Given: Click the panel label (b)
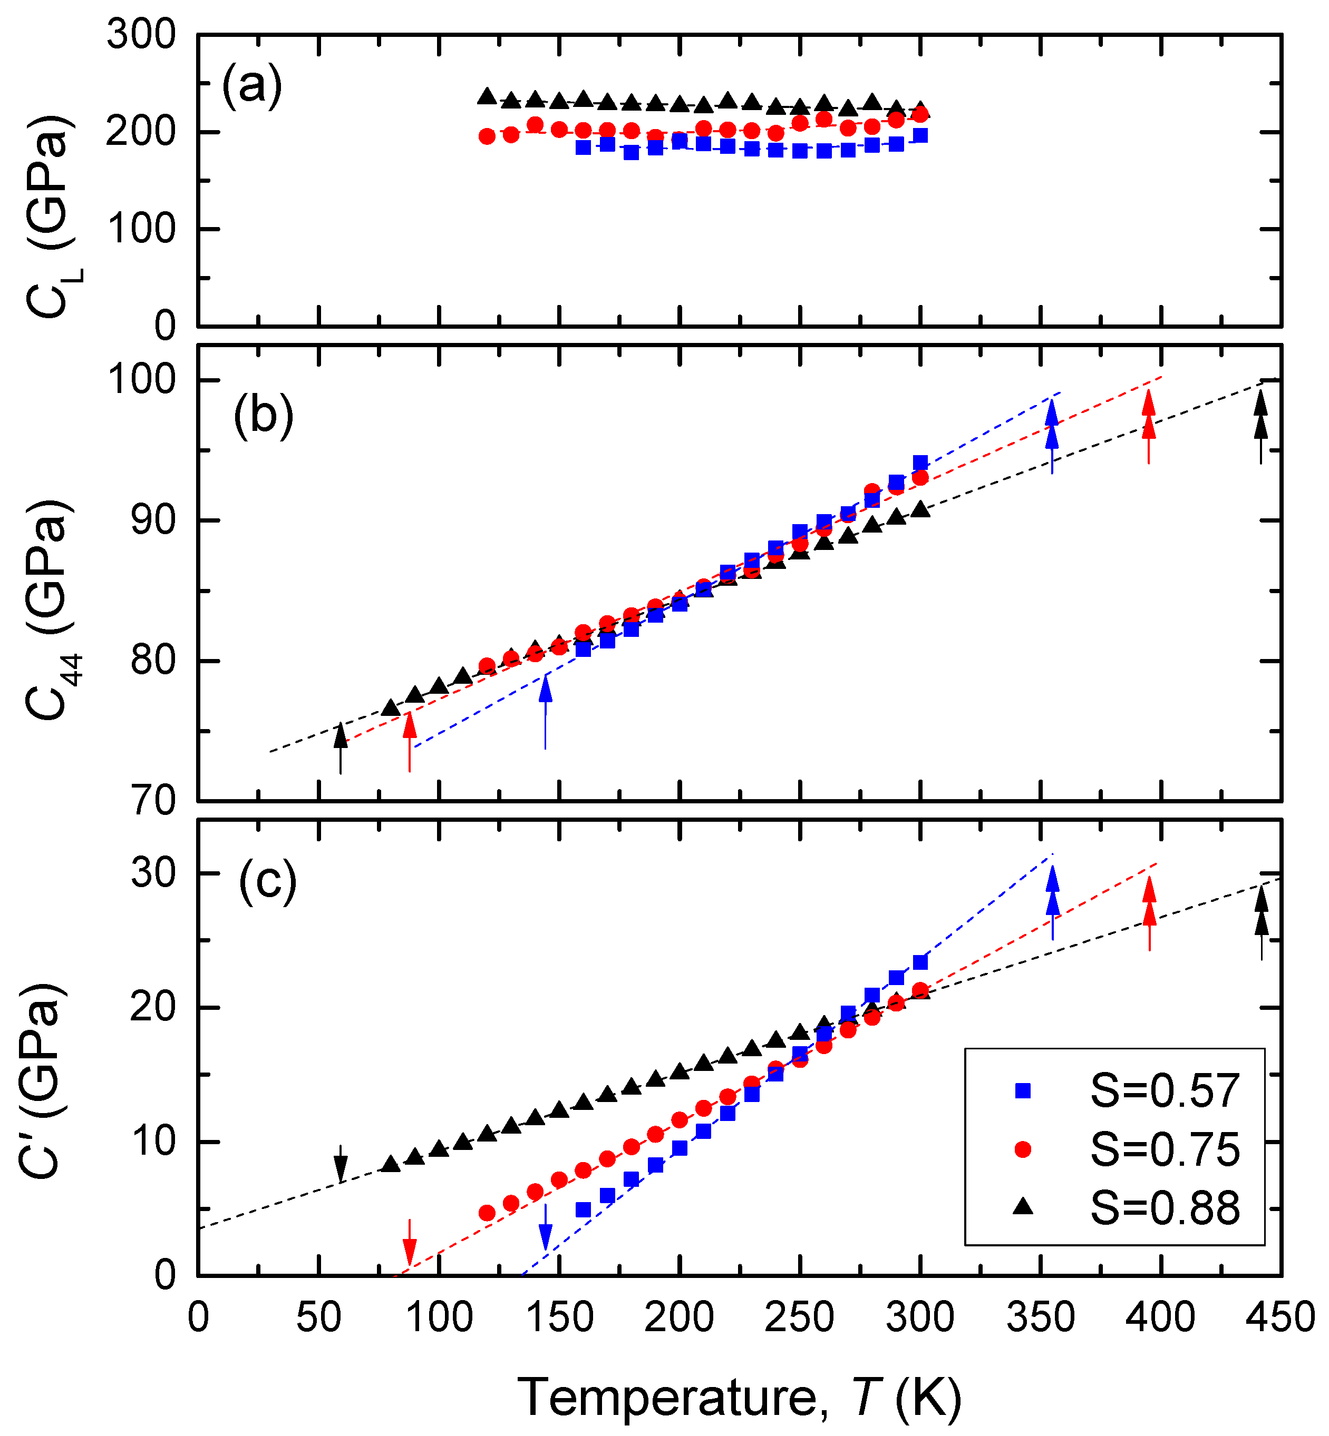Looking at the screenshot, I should tap(263, 416).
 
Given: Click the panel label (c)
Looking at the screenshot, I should tap(267, 880).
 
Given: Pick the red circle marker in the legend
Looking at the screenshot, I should tap(1022, 1149).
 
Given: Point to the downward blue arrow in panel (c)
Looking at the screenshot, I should tap(545, 1227).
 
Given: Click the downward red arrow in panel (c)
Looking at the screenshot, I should tap(409, 1242).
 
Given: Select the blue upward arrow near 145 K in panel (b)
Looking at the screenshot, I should tap(545, 712).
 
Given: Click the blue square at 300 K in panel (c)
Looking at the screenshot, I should tap(920, 962).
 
